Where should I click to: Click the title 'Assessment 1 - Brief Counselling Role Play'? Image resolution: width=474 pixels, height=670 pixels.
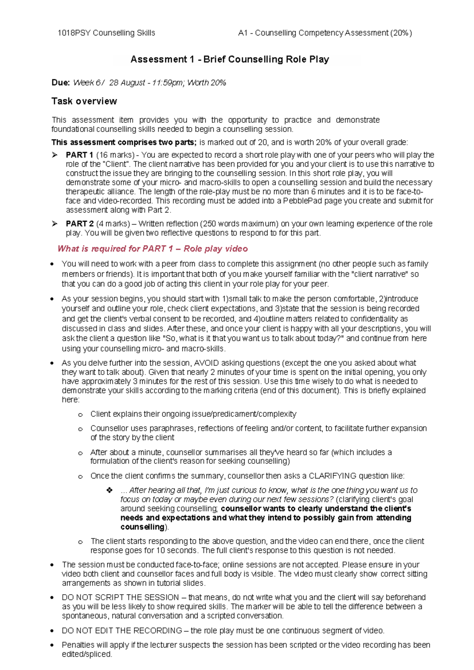(229, 60)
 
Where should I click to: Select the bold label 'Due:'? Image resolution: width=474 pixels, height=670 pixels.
(60, 83)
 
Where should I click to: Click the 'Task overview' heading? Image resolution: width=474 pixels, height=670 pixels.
(84, 102)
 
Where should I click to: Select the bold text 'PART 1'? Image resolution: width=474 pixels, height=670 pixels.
(79, 155)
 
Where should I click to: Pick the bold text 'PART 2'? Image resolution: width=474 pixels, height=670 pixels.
(79, 224)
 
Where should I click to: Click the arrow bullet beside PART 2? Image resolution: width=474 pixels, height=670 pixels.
(55, 224)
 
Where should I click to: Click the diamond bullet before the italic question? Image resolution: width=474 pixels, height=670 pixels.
(109, 490)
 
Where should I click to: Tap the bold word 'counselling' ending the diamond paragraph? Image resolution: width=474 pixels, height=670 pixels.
(142, 527)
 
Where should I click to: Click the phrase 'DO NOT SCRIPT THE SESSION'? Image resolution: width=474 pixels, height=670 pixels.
(120, 598)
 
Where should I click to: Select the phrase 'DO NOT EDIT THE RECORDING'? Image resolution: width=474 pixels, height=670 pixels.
(122, 631)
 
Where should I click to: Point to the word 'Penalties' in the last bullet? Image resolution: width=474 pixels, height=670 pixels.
(78, 645)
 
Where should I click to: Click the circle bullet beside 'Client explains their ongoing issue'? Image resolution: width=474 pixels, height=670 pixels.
(81, 415)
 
